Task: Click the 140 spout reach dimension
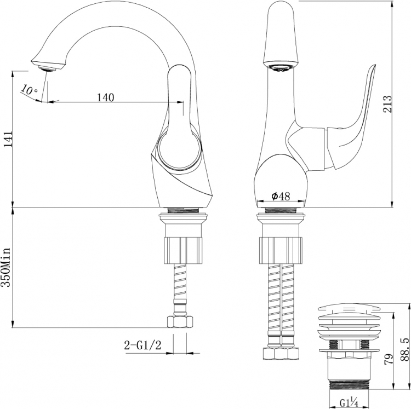click(106, 97)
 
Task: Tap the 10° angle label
click(29, 90)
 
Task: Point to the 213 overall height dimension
click(387, 103)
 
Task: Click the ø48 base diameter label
click(281, 196)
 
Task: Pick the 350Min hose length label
click(6, 267)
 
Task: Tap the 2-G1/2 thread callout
click(142, 345)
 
